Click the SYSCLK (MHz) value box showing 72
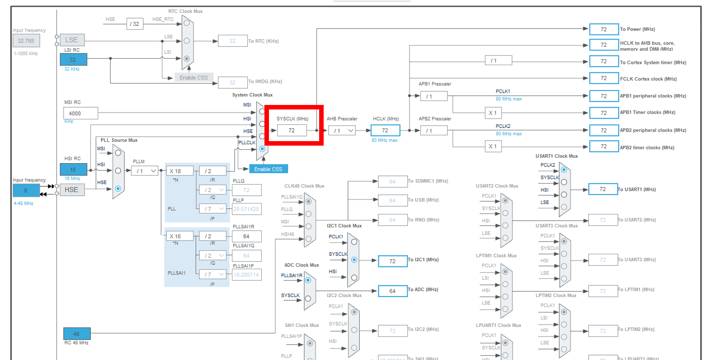[x=292, y=130]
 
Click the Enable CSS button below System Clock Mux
[x=268, y=169]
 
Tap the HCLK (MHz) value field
[x=385, y=130]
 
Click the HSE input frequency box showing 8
[x=26, y=190]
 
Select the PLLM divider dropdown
[x=145, y=171]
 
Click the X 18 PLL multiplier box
[x=179, y=171]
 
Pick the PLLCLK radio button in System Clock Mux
[x=262, y=148]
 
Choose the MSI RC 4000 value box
[x=81, y=113]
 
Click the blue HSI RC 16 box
[x=73, y=170]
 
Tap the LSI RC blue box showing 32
[x=73, y=59]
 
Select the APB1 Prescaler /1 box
[x=434, y=96]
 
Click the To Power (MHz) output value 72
[x=603, y=29]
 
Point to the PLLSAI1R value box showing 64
[x=246, y=236]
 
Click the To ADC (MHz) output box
[x=392, y=291]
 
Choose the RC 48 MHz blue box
[x=76, y=334]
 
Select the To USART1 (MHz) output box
[x=603, y=189]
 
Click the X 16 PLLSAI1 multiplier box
[x=179, y=236]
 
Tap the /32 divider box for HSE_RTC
[x=135, y=24]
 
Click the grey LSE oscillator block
[x=72, y=40]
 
